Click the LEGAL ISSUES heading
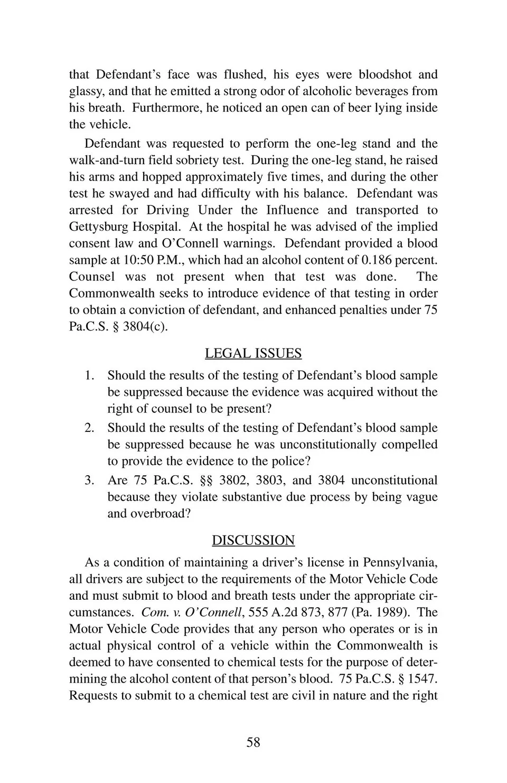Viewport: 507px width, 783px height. pos(253,353)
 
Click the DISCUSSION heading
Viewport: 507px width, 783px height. pos(253,540)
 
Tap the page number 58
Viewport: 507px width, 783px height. pos(253,742)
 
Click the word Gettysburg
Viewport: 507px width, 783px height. pos(100,227)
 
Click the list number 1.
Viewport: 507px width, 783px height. pos(89,375)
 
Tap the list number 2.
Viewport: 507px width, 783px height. pos(89,428)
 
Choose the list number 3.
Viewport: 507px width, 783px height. pos(89,480)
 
